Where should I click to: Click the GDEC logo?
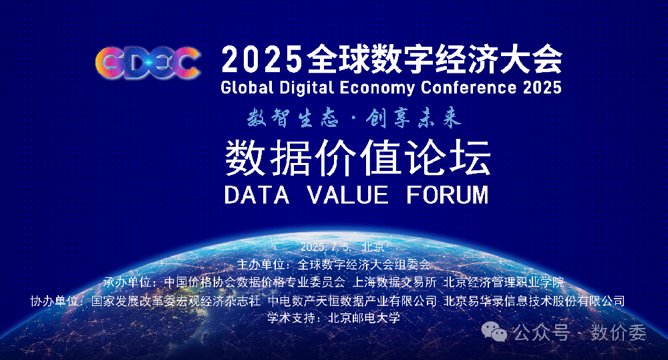148,63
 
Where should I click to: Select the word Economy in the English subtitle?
377,88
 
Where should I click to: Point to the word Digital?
307,87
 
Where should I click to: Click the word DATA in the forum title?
257,195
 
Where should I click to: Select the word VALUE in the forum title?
347,195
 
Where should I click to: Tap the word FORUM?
448,195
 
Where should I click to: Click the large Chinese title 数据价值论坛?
358,158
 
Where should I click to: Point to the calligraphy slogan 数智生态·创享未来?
354,118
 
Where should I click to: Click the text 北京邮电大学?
364,318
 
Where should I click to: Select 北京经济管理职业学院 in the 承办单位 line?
504,282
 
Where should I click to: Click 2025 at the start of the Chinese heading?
261,59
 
